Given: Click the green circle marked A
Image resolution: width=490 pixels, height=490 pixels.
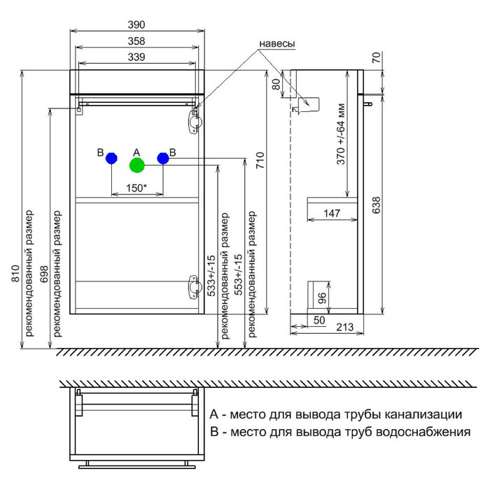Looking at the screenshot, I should (136, 165).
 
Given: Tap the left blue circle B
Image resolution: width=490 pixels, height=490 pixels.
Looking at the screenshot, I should (111, 159).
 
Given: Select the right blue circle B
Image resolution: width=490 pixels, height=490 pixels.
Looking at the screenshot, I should (163, 159).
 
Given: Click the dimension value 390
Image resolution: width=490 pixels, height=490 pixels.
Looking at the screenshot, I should (138, 24).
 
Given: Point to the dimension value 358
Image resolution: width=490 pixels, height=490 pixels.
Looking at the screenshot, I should (138, 41).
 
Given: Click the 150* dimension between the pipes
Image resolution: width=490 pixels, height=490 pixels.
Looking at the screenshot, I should (136, 188).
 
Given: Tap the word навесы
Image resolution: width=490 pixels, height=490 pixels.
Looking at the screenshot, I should (277, 43).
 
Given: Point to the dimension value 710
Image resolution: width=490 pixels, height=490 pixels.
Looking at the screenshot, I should (260, 162).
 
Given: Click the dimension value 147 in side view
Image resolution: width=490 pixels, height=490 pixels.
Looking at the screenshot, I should (332, 213).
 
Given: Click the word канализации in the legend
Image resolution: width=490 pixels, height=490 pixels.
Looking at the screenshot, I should (420, 414).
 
